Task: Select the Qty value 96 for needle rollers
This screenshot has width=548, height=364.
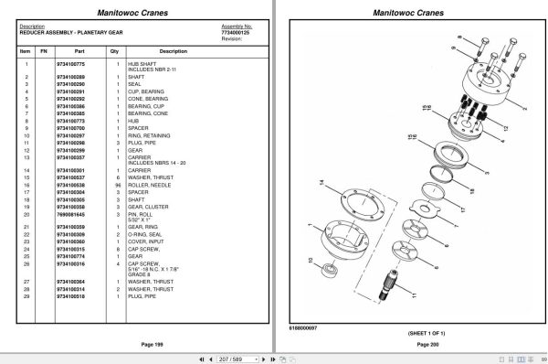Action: coord(118,184)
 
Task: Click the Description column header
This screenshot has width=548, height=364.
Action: coord(160,51)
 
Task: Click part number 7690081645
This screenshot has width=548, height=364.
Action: coord(69,213)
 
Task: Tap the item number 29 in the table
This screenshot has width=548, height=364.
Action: coord(26,297)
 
